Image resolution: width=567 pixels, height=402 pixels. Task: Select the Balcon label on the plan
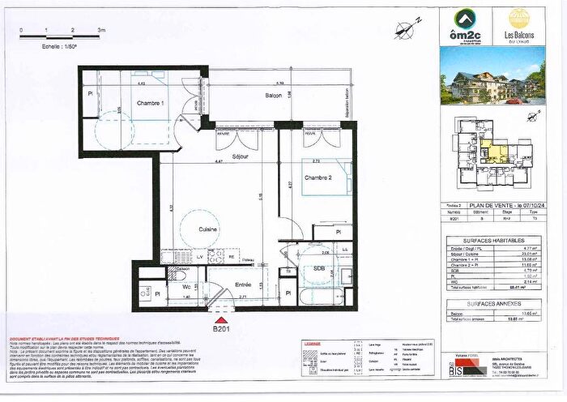[275, 96]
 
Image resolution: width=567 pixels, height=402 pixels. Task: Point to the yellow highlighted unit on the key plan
[492, 152]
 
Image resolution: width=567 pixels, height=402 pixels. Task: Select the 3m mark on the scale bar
[100, 28]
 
